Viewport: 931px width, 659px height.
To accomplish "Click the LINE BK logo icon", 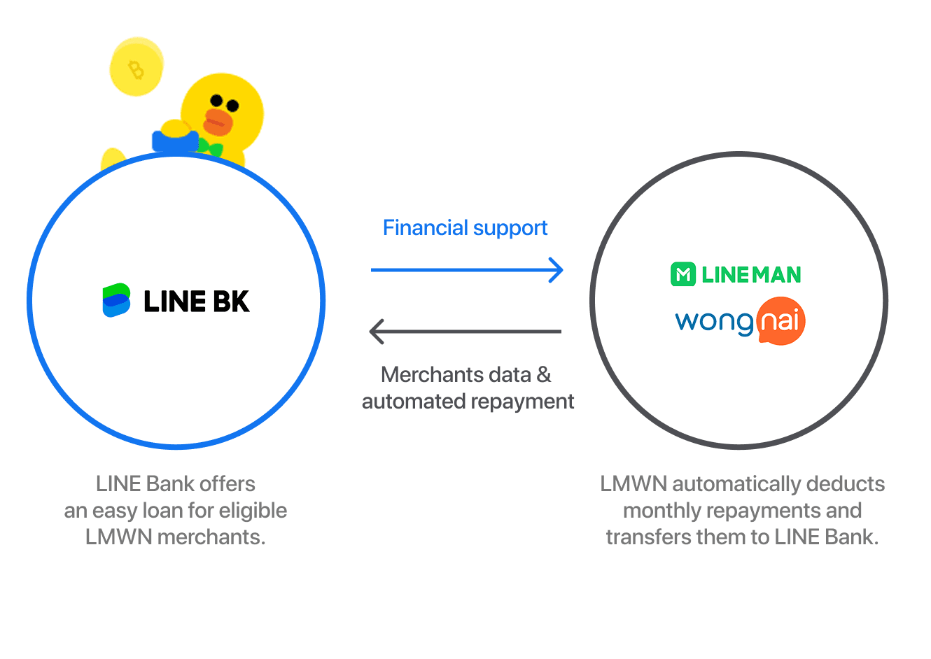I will point(116,300).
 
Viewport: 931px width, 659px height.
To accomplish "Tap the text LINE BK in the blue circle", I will point(197,302).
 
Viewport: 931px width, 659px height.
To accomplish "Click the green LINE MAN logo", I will point(736,274).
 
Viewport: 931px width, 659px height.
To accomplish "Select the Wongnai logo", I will point(739,322).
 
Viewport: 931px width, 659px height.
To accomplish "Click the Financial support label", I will point(465,228).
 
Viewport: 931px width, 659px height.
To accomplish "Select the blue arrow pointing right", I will point(467,270).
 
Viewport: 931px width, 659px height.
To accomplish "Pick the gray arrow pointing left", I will point(465,332).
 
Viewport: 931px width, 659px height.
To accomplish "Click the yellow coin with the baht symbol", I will point(136,68).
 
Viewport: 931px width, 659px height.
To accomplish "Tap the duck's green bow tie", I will point(210,148).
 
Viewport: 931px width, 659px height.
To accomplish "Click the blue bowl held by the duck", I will point(175,140).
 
